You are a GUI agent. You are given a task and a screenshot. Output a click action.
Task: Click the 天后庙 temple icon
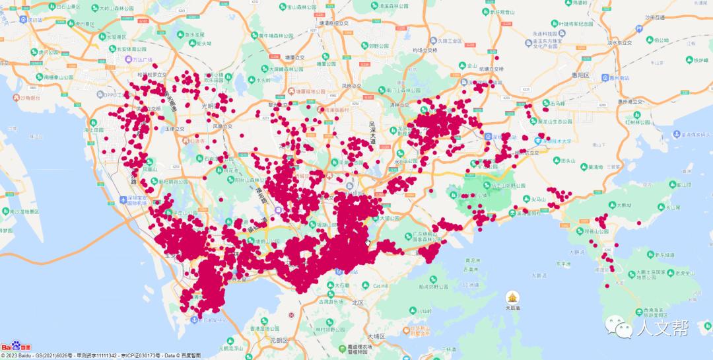pyautogui.click(x=512, y=297)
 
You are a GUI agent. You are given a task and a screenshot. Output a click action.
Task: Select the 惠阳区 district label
pyautogui.click(x=581, y=76)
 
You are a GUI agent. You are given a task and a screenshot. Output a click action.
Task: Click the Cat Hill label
pyautogui.click(x=382, y=286)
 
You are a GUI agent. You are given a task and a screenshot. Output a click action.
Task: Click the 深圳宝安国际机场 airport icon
pyautogui.click(x=123, y=199)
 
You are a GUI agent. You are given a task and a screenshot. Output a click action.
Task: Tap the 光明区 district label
pyautogui.click(x=209, y=106)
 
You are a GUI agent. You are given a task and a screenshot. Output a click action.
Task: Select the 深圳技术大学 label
pyautogui.click(x=562, y=140)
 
